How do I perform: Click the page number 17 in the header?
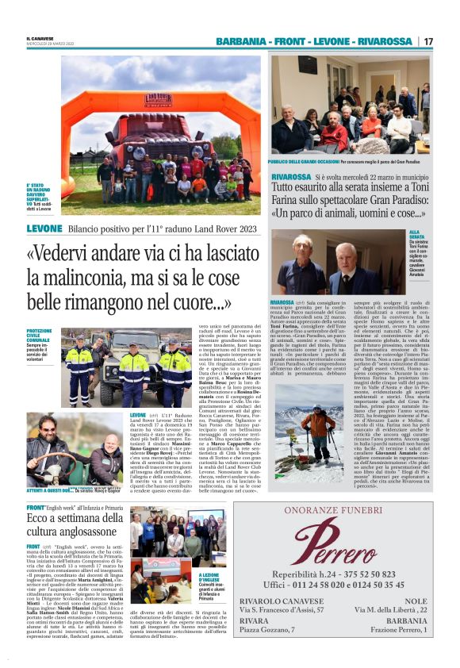(x=428, y=41)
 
